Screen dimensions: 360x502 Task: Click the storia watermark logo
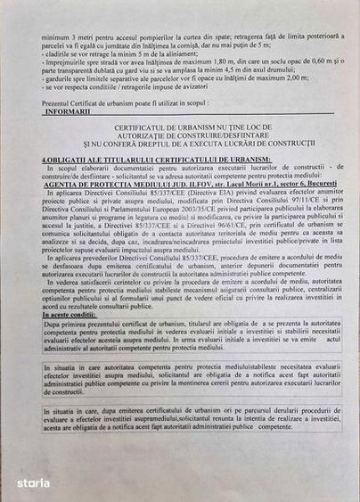(x=33, y=481)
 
